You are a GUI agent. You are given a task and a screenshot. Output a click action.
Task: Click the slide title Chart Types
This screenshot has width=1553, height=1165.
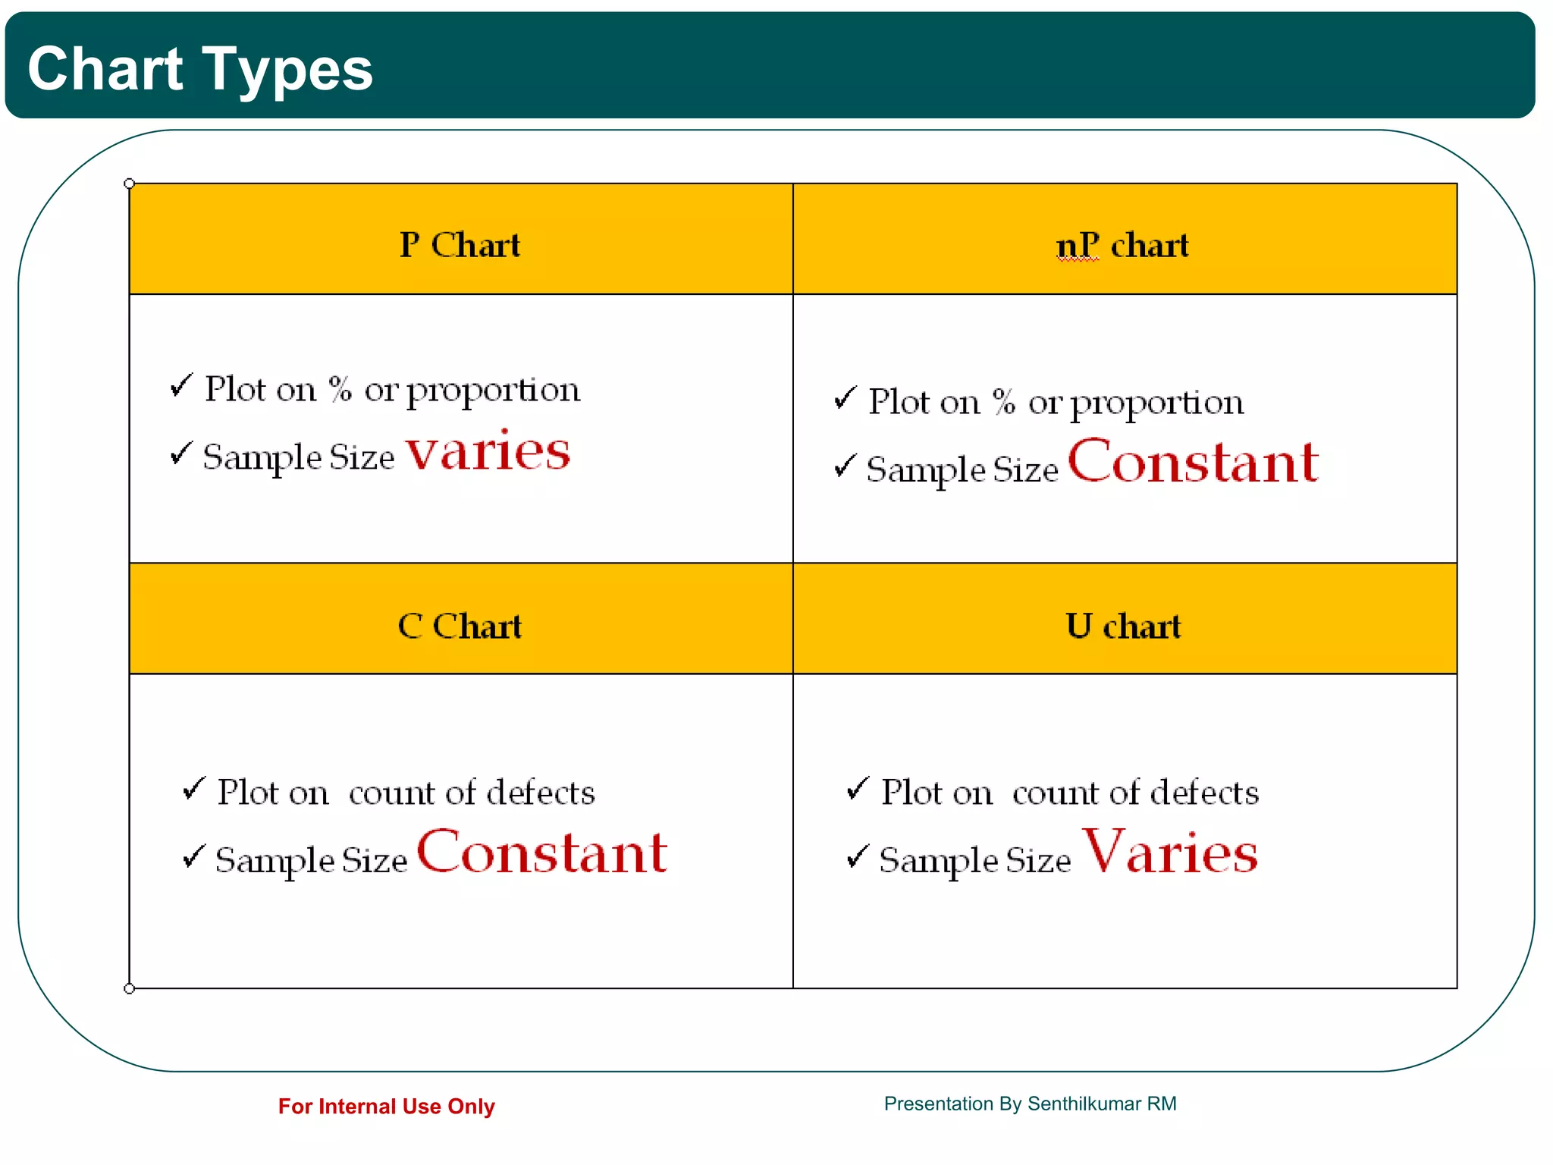(200, 69)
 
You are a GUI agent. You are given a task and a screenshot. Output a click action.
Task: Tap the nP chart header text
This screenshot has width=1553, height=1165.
(1122, 246)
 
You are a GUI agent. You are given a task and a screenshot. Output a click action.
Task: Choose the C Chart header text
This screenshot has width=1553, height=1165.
(460, 626)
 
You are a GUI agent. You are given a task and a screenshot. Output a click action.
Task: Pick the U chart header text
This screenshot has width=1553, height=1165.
(1123, 626)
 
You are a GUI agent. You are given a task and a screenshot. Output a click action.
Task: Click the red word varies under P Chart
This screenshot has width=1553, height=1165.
(488, 452)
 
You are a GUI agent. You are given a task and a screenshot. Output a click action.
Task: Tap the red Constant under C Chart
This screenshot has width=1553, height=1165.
(542, 853)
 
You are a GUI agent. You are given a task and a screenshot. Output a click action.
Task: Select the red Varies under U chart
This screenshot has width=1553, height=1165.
(1170, 853)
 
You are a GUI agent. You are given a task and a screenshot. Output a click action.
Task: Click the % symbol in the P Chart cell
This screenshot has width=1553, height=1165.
(340, 389)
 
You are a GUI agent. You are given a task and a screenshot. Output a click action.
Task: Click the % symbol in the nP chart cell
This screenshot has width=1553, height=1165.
(1004, 402)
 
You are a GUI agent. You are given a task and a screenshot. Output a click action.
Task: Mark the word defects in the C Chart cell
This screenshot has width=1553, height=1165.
(541, 793)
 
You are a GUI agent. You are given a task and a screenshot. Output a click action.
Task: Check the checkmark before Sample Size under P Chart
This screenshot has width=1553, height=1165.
(181, 453)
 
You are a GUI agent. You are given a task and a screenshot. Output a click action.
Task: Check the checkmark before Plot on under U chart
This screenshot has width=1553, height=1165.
(858, 789)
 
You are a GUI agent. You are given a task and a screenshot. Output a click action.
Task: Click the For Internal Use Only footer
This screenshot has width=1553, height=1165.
(386, 1107)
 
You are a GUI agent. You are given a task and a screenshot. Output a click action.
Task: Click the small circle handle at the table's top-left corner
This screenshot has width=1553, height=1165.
(130, 184)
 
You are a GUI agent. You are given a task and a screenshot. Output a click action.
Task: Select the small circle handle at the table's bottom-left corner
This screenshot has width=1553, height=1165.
(130, 988)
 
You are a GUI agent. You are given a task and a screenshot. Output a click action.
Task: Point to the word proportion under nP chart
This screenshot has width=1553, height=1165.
(1157, 404)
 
